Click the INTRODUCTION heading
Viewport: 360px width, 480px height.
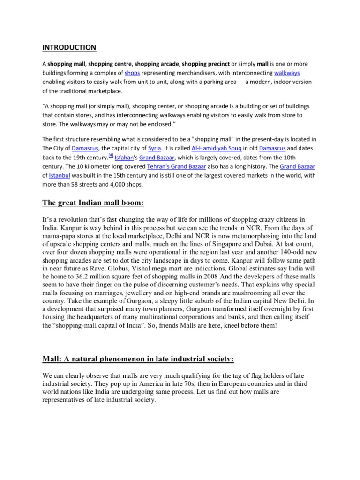[x=69, y=47]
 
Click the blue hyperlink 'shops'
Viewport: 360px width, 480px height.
[x=132, y=73]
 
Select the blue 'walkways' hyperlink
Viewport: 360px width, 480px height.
[x=287, y=73]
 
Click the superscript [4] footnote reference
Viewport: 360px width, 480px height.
[x=111, y=156]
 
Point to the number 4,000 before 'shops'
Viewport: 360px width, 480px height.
[x=129, y=185]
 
